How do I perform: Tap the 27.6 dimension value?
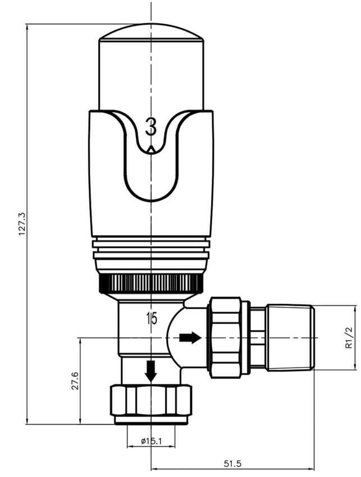click(75, 380)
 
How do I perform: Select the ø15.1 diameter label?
click(151, 441)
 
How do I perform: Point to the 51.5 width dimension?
click(232, 464)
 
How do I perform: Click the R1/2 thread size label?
click(349, 337)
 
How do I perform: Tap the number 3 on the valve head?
click(150, 127)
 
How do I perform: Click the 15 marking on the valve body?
click(152, 319)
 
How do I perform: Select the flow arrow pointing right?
click(190, 338)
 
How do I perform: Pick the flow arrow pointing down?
click(150, 371)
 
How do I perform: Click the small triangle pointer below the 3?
click(150, 149)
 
